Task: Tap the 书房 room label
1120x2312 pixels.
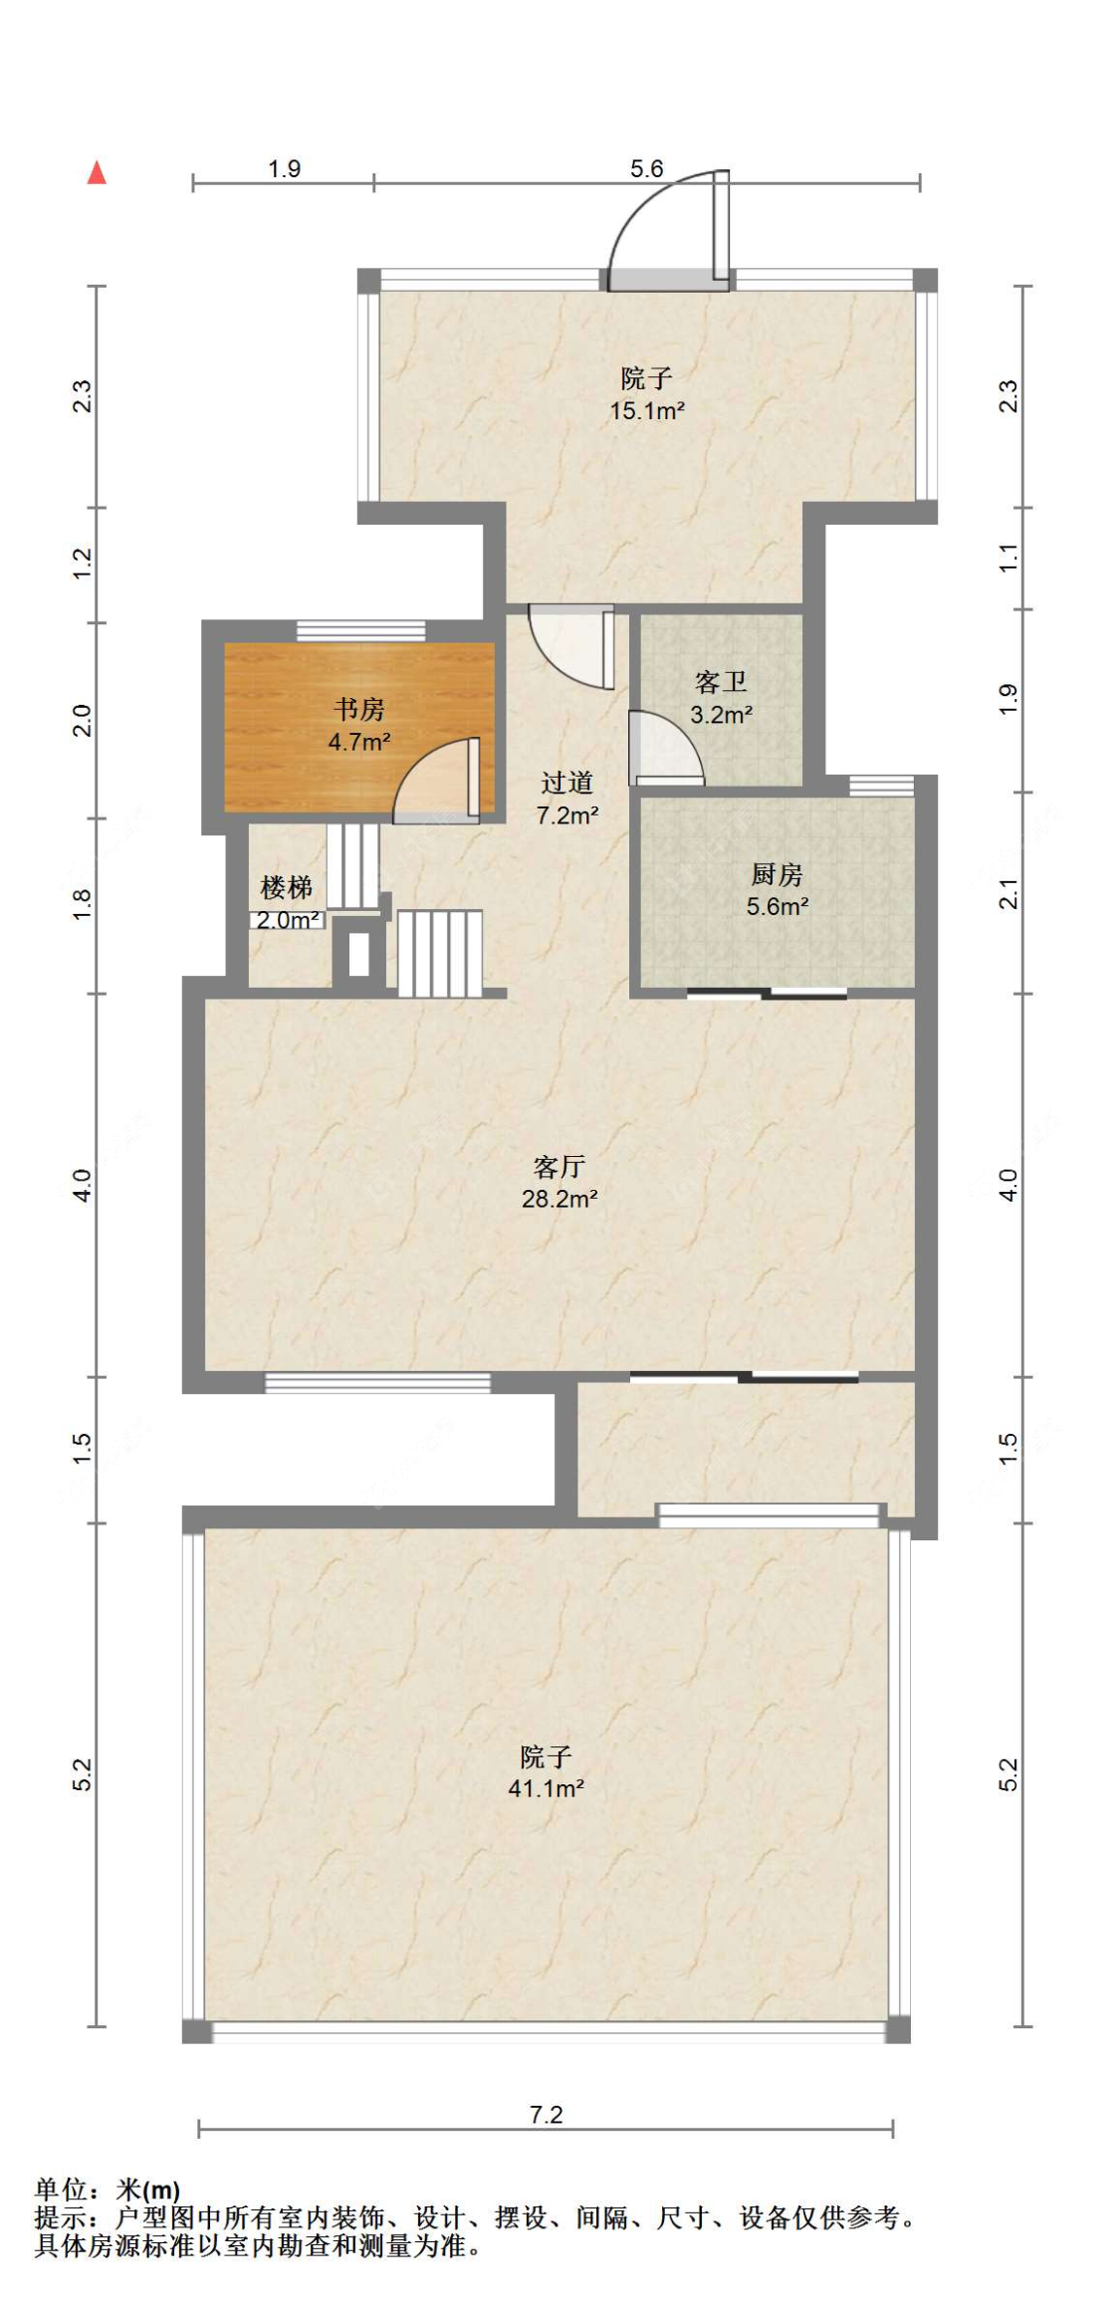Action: coord(358,709)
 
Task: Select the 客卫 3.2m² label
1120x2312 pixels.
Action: coord(721,698)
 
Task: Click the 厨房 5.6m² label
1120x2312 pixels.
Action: coord(777,890)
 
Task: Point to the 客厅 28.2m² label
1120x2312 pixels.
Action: coord(559,1182)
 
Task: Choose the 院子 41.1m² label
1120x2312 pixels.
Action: coord(546,1771)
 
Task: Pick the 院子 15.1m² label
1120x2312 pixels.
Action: coord(646,393)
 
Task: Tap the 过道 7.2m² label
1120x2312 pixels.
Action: coord(566,799)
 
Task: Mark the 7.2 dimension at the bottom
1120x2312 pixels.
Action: coord(546,2114)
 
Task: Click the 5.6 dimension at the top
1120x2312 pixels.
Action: coord(646,168)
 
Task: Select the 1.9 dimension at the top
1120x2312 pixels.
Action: coord(284,168)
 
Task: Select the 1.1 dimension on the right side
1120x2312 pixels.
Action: coord(1008,558)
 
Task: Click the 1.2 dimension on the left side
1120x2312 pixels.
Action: coord(83,564)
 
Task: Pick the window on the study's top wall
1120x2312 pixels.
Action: coord(360,630)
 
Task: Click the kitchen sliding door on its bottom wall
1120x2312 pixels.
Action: coord(767,993)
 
